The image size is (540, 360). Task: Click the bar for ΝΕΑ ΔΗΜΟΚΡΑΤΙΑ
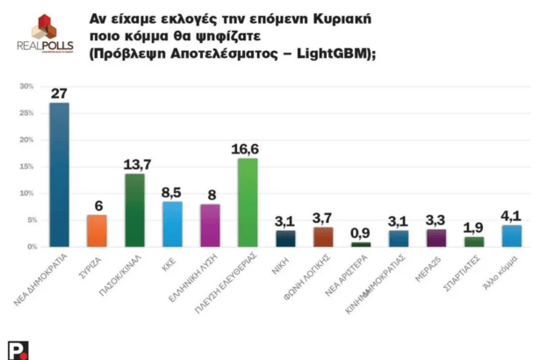[x=59, y=176]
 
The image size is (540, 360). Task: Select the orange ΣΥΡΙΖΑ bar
[x=97, y=231]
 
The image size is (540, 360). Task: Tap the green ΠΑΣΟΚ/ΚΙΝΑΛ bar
[x=134, y=211]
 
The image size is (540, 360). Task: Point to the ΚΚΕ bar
[x=172, y=225]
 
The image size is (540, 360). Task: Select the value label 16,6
[x=248, y=150]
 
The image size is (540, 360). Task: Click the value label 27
[x=59, y=94]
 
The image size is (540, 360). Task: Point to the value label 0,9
[x=361, y=234]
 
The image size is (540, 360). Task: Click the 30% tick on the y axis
[x=25, y=86]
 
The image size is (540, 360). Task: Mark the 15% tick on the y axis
[x=25, y=166]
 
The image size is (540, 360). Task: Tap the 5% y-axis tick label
[x=27, y=220]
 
